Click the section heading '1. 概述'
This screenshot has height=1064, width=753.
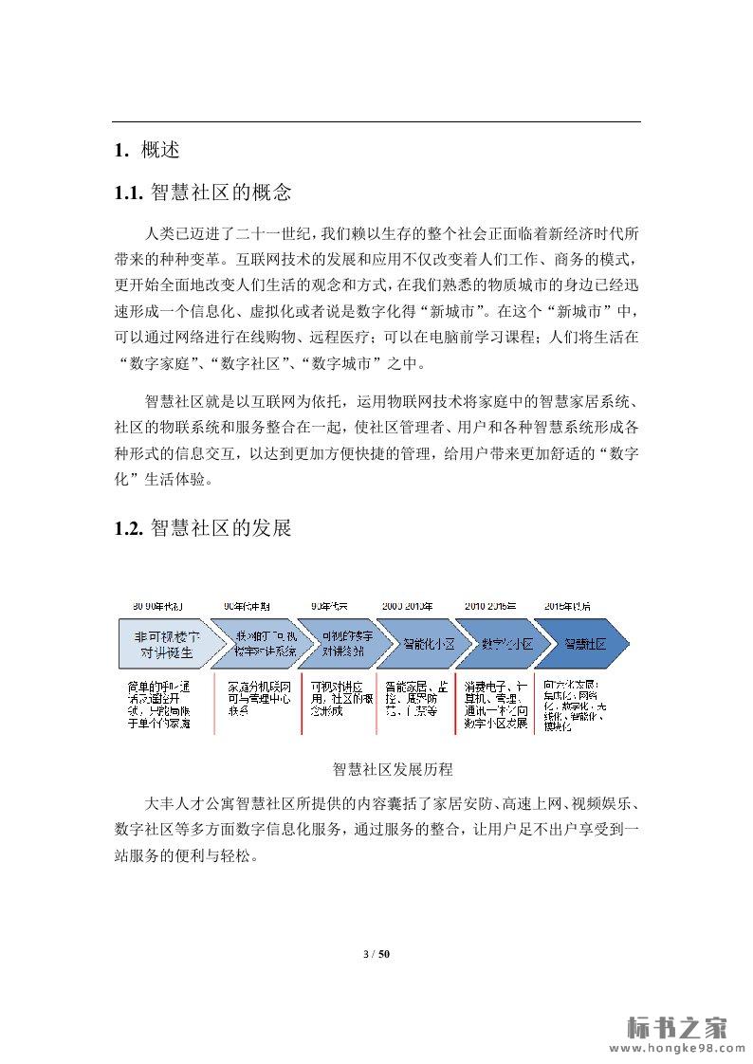pyautogui.click(x=146, y=150)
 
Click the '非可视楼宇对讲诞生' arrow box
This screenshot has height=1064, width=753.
pyautogui.click(x=166, y=644)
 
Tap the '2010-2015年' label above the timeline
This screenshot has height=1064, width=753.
pyautogui.click(x=489, y=606)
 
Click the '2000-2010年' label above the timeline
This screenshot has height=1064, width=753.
pyautogui.click(x=408, y=606)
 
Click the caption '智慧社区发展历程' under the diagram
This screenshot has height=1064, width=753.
pyautogui.click(x=394, y=768)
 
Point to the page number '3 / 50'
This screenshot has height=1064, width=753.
pyautogui.click(x=376, y=953)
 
